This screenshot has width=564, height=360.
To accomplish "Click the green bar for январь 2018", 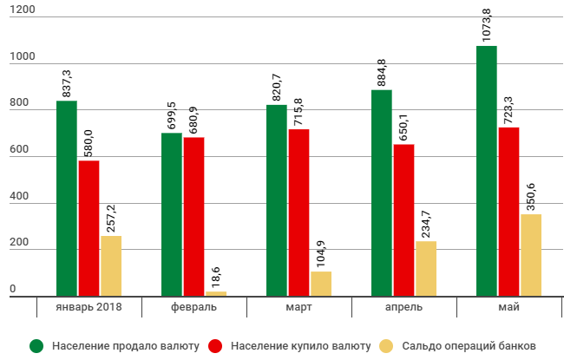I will pyautogui.click(x=67, y=199).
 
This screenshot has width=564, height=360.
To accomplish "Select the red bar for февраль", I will pyautogui.click(x=193, y=217).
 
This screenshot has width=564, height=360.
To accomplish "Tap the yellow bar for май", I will pyautogui.click(x=531, y=255).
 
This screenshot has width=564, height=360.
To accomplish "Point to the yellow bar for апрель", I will pyautogui.click(x=426, y=269).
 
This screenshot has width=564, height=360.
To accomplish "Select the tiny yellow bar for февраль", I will pyautogui.click(x=215, y=294).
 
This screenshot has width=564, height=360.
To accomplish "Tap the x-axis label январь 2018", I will pyautogui.click(x=89, y=308).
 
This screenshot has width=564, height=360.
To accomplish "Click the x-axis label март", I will pyautogui.click(x=298, y=308).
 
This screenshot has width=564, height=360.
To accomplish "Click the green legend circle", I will pyautogui.click(x=37, y=345).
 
